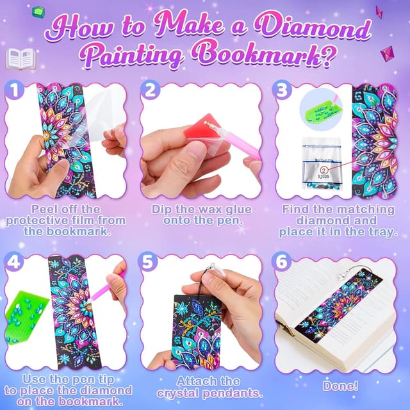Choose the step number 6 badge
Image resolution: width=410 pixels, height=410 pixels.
coord(283,263)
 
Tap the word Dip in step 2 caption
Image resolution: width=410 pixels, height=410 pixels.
coord(163,209)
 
